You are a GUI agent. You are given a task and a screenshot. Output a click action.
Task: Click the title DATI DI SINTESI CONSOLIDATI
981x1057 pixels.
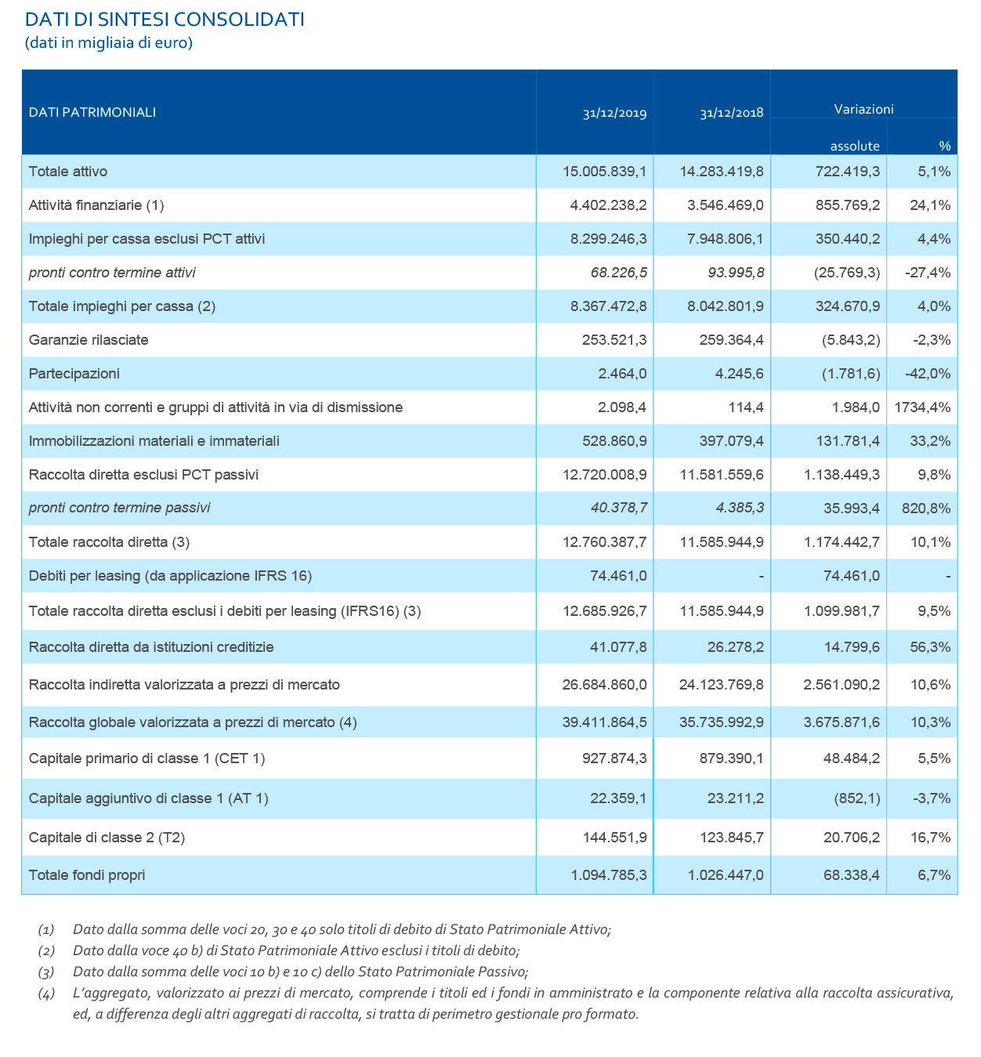pos(165,20)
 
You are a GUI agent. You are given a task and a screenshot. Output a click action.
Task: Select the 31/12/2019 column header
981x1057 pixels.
pos(614,113)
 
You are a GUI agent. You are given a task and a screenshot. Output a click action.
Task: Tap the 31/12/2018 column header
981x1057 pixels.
pos(731,113)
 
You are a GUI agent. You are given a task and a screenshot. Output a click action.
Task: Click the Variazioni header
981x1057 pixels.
pos(863,109)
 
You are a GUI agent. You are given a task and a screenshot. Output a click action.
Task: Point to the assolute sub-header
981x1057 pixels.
pos(855,146)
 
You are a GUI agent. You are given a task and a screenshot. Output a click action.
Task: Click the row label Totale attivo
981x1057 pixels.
pos(68,172)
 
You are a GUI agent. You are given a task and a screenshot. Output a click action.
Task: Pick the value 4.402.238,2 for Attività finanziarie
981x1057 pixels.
pos(608,205)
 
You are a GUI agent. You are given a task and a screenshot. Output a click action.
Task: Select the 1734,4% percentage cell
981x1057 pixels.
pos(922,407)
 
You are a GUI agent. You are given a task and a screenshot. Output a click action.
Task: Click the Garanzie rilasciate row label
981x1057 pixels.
pos(89,339)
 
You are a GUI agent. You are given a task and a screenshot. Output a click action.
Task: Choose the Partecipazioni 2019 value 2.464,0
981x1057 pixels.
pos(622,374)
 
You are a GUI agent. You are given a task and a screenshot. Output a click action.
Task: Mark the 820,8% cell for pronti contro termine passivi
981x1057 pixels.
pos(925,509)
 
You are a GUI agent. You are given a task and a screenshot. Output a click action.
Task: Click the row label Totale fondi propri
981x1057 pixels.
pos(87,875)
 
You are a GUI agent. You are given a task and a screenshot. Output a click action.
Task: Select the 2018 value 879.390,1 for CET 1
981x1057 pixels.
pos(731,758)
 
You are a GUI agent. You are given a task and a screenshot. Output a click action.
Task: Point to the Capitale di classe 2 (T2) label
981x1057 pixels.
pos(107,837)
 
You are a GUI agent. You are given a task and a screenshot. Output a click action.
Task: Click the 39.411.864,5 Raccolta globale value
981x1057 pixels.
pos(605,722)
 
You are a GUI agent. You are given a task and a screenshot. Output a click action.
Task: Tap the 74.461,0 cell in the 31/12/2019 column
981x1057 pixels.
pos(618,576)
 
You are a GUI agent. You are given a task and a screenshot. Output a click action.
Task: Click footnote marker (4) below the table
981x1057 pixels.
pos(46,993)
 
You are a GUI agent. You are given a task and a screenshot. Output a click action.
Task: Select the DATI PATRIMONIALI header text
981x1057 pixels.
pos(92,112)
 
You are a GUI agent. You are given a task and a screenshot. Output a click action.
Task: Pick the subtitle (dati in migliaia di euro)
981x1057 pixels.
pos(109,42)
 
